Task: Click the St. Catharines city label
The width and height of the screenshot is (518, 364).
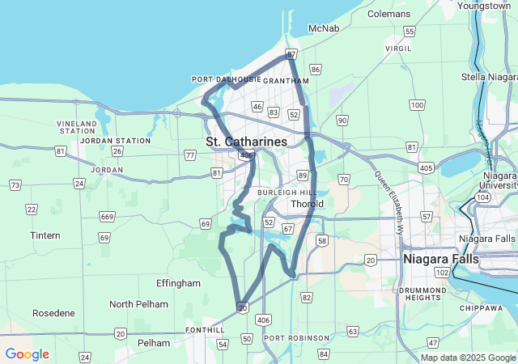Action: (x=246, y=142)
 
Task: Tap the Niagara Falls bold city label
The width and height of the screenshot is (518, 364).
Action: (x=440, y=259)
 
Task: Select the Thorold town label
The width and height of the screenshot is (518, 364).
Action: (x=307, y=204)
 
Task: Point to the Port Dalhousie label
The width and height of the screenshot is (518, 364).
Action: (x=226, y=79)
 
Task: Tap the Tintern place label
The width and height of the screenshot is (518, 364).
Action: (x=45, y=235)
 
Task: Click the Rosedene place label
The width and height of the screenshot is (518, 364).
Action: (x=53, y=312)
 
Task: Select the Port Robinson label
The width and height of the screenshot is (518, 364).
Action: (x=296, y=337)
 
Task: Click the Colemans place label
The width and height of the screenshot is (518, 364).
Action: (x=389, y=14)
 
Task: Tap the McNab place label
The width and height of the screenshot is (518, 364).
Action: (x=323, y=29)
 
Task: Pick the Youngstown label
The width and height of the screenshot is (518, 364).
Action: (x=483, y=6)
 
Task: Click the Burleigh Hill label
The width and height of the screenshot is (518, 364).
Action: (x=287, y=193)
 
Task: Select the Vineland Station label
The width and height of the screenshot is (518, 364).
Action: (x=77, y=127)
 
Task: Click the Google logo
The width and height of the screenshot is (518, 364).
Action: (x=27, y=354)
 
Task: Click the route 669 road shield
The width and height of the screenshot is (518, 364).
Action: (x=107, y=217)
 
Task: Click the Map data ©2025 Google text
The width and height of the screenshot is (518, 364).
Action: (x=468, y=358)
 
